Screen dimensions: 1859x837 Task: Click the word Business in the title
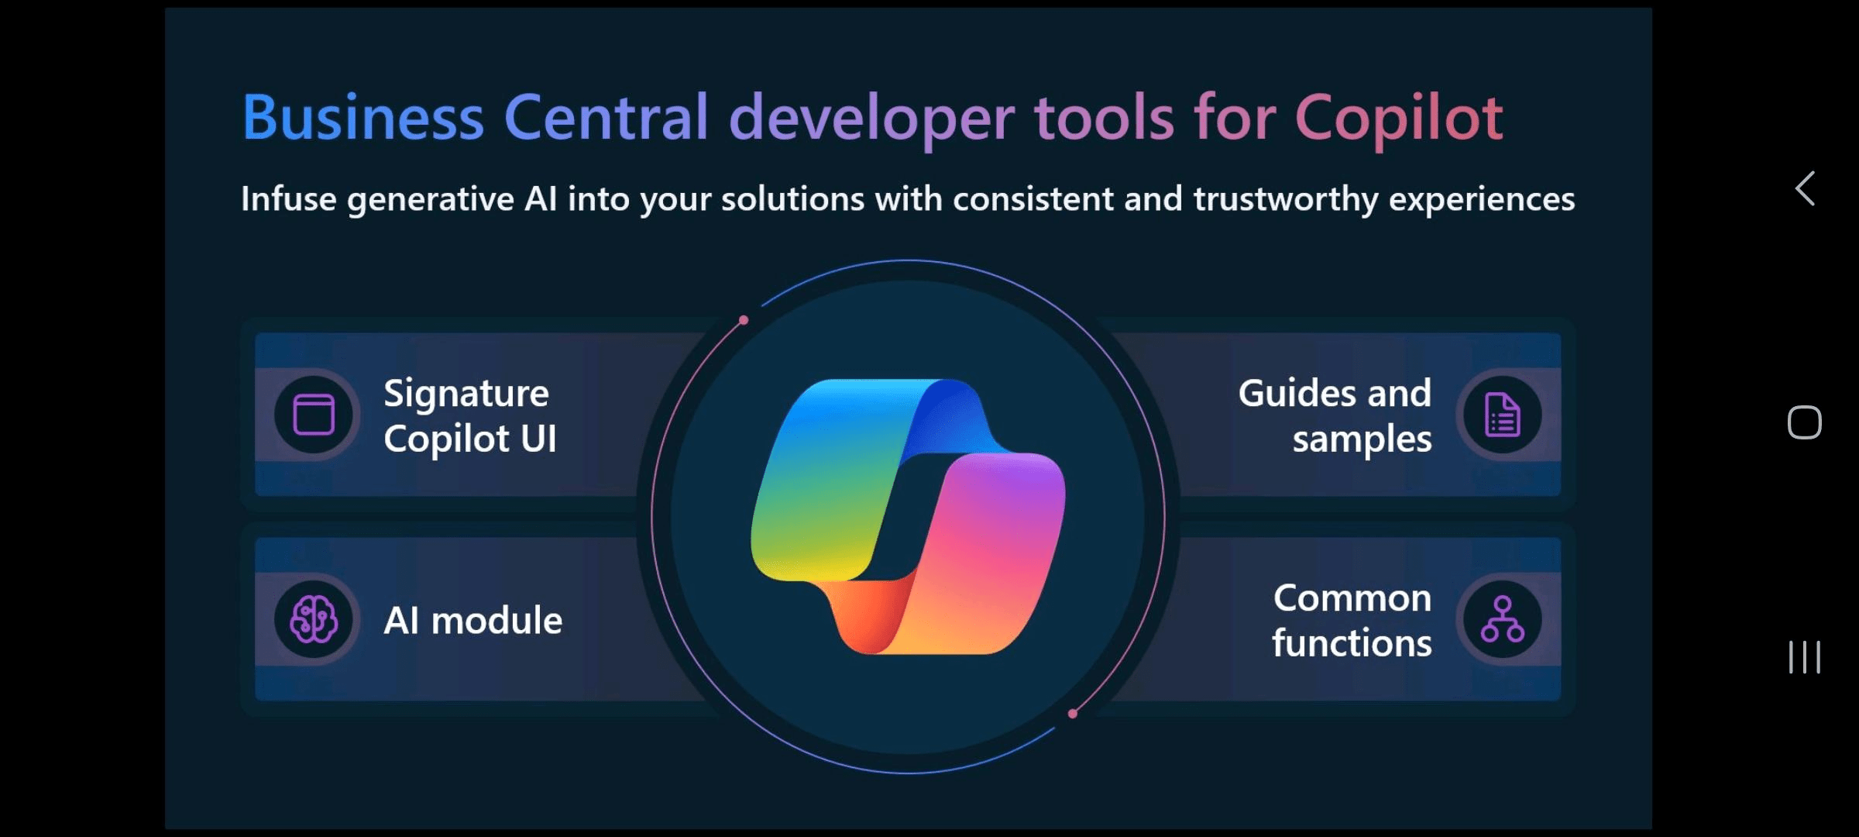coord(363,117)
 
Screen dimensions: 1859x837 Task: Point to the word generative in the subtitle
coord(431,200)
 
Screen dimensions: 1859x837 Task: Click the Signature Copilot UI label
coord(470,416)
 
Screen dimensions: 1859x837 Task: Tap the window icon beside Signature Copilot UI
coord(314,415)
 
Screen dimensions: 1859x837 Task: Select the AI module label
coord(473,620)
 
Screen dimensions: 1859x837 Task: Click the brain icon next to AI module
coord(314,619)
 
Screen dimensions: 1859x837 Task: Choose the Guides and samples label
coord(1335,416)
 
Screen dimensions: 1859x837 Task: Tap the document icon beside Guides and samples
coord(1503,415)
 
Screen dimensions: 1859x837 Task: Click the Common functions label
coord(1352,620)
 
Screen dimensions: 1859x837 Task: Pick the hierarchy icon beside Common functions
coord(1503,619)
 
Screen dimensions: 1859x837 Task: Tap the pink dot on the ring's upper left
coord(744,320)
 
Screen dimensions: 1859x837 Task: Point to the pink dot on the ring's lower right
coord(1073,714)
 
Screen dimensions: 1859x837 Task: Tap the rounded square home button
coord(1805,422)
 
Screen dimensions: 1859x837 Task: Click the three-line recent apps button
coord(1805,657)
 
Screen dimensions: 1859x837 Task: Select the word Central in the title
coord(606,117)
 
